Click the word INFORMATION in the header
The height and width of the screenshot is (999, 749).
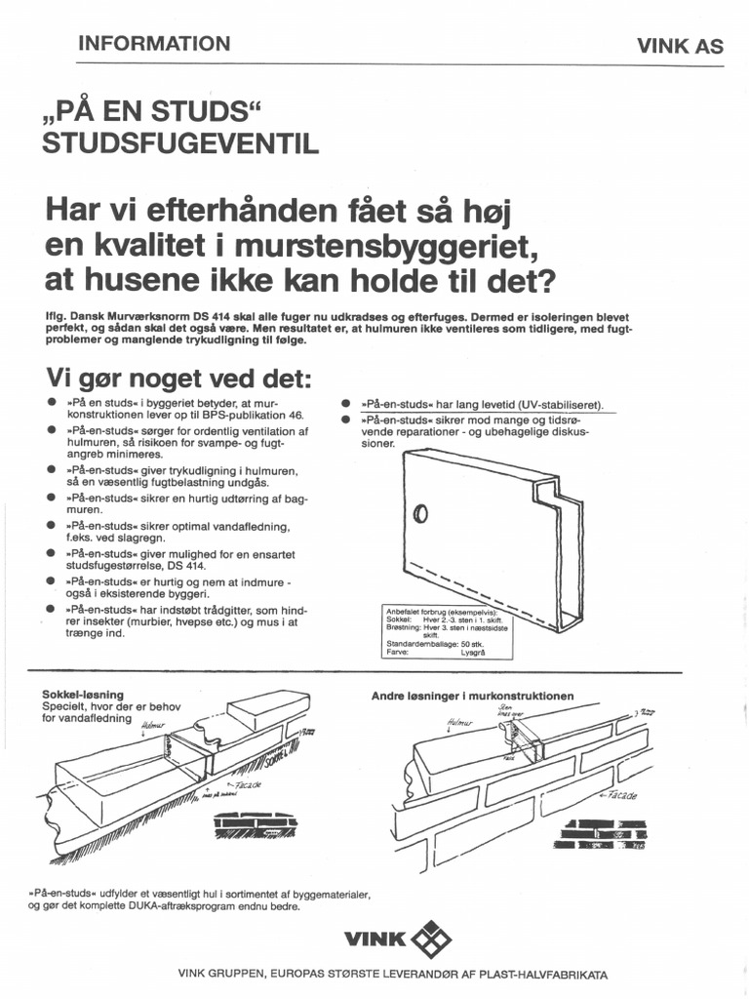(x=153, y=43)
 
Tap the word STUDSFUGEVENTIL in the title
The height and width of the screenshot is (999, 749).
(x=180, y=144)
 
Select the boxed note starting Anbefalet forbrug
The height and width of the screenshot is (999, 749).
(x=449, y=631)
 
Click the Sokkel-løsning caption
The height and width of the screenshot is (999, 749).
(x=83, y=695)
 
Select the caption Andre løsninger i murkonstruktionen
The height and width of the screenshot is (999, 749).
(x=472, y=696)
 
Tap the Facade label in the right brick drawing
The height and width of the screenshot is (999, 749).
(x=620, y=796)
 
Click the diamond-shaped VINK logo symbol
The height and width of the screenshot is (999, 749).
(x=433, y=940)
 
